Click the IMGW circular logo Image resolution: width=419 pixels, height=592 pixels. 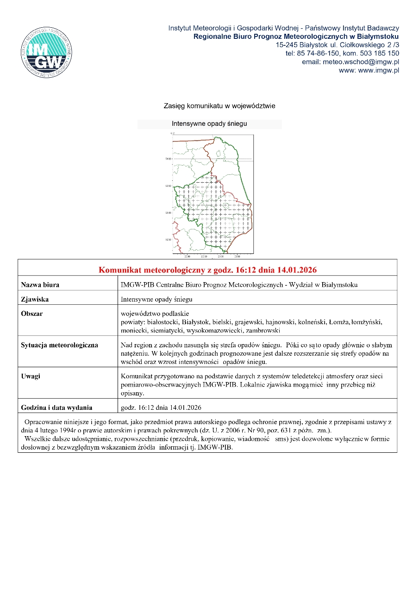point(46,52)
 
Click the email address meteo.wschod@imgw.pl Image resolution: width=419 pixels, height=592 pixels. point(350,62)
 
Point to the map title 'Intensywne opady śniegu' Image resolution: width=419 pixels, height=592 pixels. point(209,124)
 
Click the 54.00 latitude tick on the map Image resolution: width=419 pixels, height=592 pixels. point(169,159)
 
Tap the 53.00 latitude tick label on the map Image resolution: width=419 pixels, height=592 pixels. point(169,213)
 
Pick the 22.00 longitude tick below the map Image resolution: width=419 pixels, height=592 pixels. point(187,256)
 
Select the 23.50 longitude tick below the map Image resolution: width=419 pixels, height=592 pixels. point(237,256)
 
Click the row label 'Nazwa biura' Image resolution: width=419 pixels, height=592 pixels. point(40,285)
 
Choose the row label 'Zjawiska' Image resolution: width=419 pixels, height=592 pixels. point(35,299)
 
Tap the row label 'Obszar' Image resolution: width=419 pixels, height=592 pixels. point(32,314)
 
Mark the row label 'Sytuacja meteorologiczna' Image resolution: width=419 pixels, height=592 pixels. point(59,345)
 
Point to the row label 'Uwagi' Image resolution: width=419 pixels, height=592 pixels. point(31,376)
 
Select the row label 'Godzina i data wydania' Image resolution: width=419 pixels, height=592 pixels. point(56,407)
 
